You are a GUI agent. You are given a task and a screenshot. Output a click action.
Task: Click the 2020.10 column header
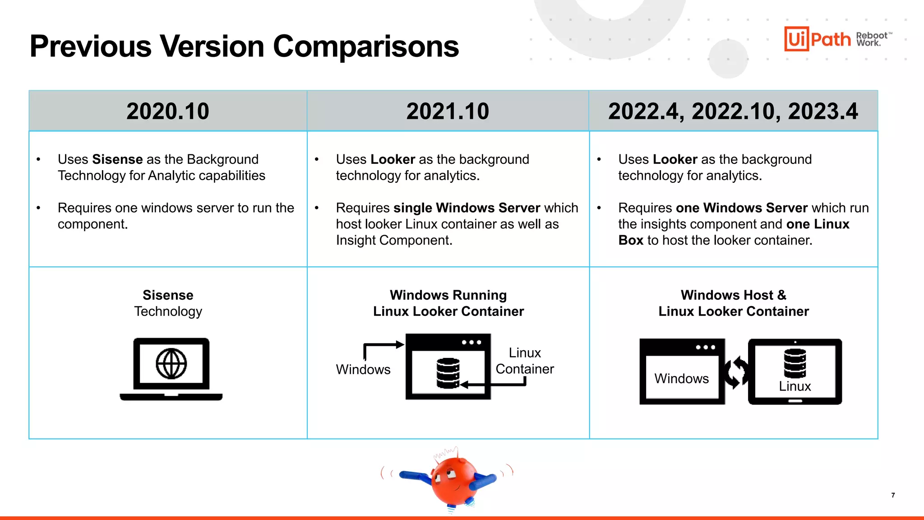(x=168, y=111)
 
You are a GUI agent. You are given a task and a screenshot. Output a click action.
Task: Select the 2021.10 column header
(x=448, y=111)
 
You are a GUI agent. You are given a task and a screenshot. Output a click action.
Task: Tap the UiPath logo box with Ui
(x=796, y=39)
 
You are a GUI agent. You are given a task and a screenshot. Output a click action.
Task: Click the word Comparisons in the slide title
(x=365, y=46)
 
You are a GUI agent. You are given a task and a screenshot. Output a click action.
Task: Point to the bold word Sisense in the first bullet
(x=117, y=159)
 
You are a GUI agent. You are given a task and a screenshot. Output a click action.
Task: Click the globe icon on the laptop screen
(x=171, y=364)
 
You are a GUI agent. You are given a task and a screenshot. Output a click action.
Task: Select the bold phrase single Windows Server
(x=467, y=208)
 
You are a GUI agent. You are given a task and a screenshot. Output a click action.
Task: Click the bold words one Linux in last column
(x=818, y=224)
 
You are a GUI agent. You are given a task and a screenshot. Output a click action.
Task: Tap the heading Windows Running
(x=448, y=295)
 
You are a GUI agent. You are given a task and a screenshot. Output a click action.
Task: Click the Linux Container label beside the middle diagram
(x=524, y=361)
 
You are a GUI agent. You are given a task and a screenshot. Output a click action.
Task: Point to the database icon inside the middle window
(x=448, y=373)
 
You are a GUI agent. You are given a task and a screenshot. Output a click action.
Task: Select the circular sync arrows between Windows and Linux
(x=736, y=372)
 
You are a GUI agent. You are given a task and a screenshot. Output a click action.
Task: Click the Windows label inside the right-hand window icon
(x=681, y=378)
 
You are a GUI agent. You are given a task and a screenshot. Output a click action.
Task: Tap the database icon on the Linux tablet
(x=795, y=363)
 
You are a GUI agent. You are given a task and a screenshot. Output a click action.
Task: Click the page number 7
(x=893, y=495)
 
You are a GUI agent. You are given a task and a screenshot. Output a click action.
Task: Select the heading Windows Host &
(x=733, y=295)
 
